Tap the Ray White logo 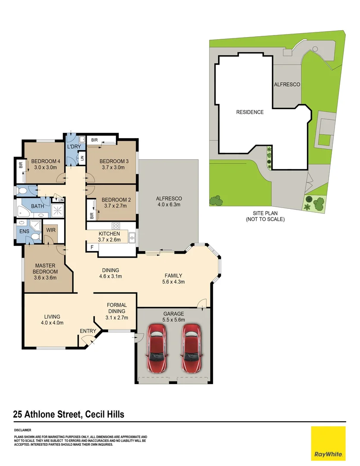click(328, 443)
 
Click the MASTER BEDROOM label click(46, 268)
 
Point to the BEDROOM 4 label click(44, 162)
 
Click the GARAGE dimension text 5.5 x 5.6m click(174, 320)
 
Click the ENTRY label click(88, 331)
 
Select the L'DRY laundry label click(74, 147)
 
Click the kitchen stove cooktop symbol click(116, 226)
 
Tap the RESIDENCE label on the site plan click(250, 112)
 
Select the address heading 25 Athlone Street click(69, 415)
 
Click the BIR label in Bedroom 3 click(94, 140)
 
